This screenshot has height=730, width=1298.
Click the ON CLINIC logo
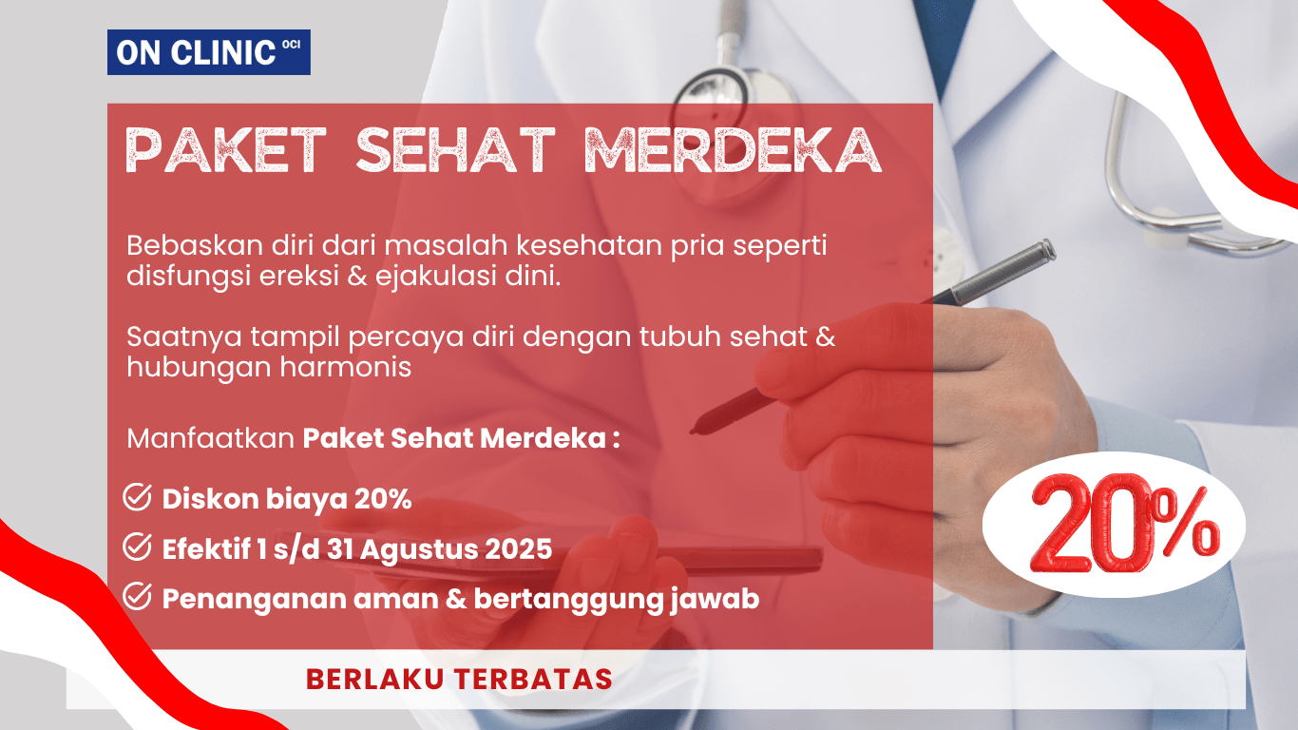pyautogui.click(x=208, y=52)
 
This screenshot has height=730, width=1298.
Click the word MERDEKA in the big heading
pyautogui.click(x=732, y=149)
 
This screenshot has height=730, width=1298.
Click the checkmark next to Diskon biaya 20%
pyautogui.click(x=139, y=497)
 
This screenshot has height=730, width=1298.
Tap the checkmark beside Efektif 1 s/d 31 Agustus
pyautogui.click(x=139, y=547)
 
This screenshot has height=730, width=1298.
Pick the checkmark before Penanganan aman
pyautogui.click(x=139, y=598)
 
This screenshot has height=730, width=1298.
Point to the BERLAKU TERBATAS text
pyautogui.click(x=459, y=679)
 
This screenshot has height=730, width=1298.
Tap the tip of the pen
pyautogui.click(x=697, y=428)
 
